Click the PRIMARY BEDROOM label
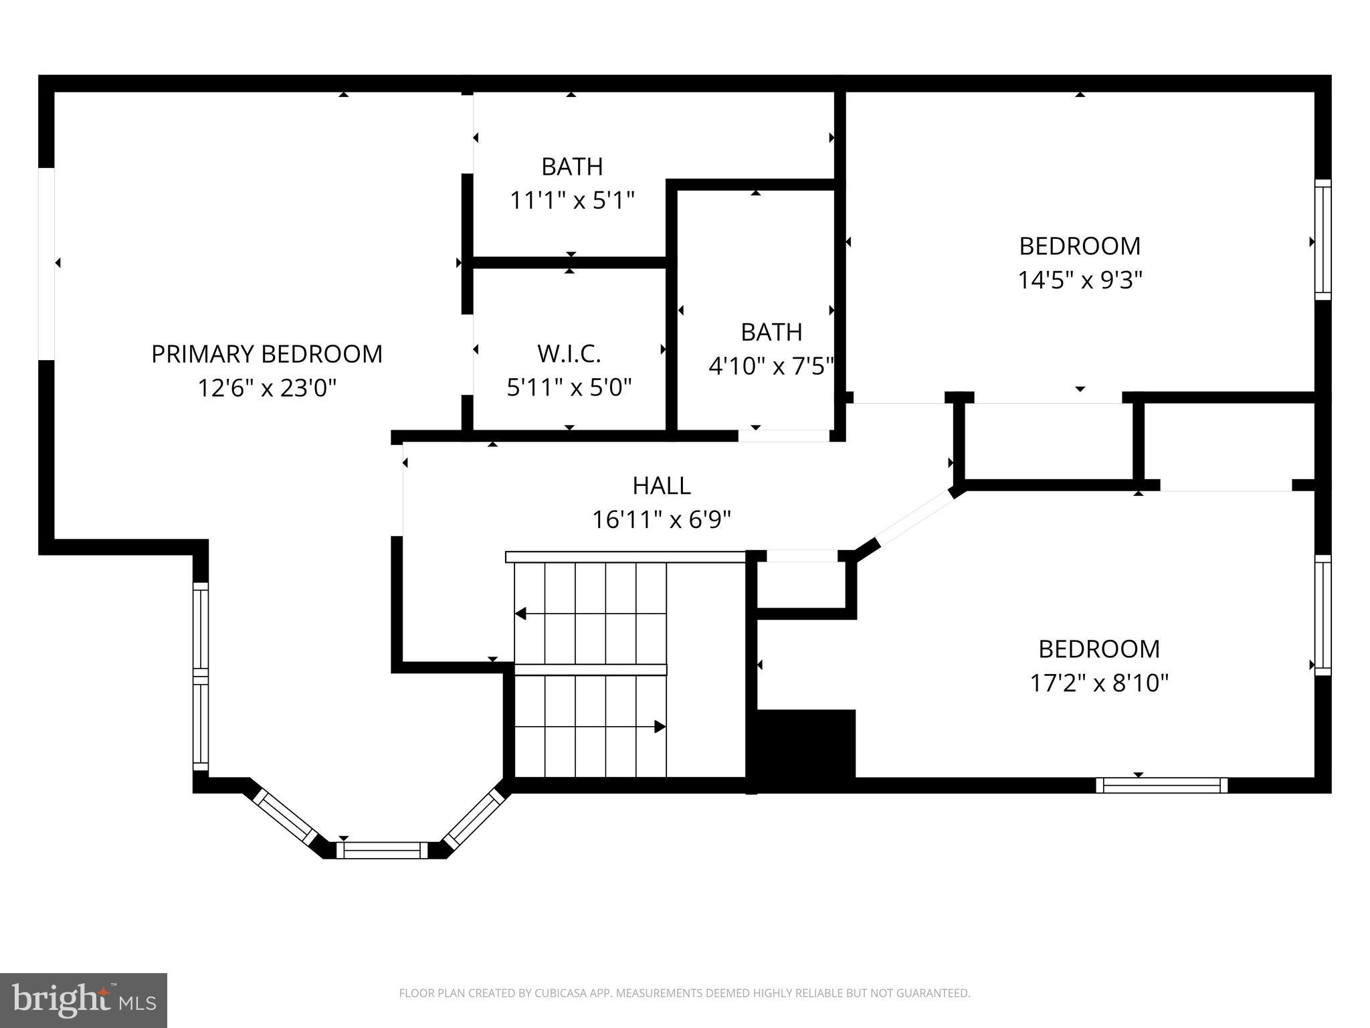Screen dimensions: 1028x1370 click(266, 354)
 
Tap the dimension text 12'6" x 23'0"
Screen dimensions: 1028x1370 click(266, 388)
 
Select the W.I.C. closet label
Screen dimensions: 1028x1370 click(569, 354)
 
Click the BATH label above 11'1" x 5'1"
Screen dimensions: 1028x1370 click(572, 167)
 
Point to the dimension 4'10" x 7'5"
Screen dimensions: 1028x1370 click(771, 366)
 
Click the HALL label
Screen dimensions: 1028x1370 click(662, 486)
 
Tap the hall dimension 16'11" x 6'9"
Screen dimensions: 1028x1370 click(662, 519)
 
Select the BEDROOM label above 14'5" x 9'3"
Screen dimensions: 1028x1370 click(1080, 246)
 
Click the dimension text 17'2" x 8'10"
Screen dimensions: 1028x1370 click(1099, 683)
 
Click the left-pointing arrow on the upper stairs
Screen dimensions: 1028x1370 click(521, 614)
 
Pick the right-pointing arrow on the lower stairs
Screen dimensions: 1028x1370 click(660, 727)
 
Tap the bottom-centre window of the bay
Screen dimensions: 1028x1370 click(381, 851)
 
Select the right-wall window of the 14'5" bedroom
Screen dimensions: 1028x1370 click(1323, 240)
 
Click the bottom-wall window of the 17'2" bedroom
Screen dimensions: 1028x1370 click(1162, 785)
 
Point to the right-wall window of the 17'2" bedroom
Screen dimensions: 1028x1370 click(1323, 614)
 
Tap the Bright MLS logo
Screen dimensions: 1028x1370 click(84, 1000)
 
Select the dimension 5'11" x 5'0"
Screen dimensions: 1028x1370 click(569, 388)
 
